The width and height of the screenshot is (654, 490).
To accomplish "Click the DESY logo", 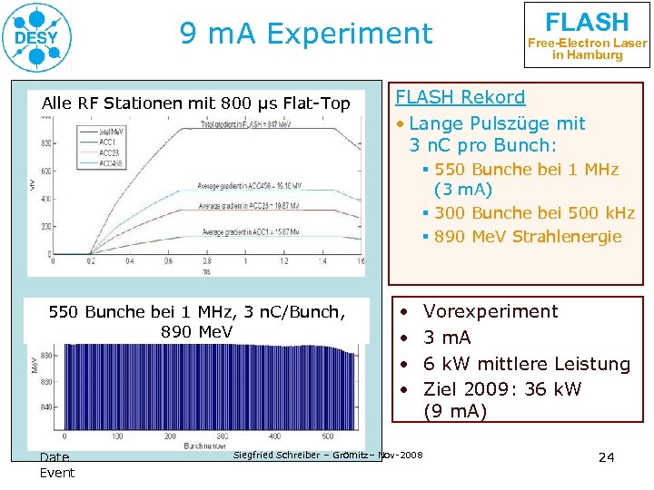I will coord(37,37).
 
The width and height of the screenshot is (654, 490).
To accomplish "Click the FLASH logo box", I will coord(587,34).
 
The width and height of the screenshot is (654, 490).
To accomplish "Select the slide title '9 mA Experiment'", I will coord(306,34).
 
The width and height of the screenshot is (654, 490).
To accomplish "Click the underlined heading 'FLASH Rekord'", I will coord(460,97).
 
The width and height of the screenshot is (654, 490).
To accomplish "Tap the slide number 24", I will coord(607,456).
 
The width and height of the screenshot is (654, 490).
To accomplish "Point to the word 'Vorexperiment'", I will coord(490,311).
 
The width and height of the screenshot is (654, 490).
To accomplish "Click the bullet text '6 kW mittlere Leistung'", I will coord(527,364).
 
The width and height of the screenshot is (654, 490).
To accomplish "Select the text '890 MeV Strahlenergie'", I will coord(528,237).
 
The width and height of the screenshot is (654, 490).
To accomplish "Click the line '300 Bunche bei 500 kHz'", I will coord(534,213).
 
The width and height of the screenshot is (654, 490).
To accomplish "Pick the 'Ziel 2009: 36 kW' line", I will coord(502,389).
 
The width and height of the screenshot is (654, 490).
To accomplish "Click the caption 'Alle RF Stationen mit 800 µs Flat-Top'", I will coord(196,103).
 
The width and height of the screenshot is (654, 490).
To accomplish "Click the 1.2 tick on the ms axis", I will coord(284,261).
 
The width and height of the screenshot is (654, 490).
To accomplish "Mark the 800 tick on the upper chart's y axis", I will coord(45,142).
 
